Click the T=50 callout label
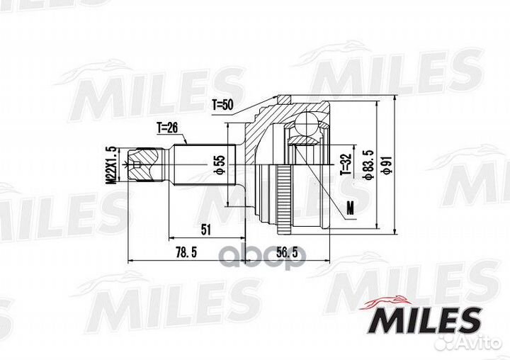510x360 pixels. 223,105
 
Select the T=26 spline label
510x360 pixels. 167,128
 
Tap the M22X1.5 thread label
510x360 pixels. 111,165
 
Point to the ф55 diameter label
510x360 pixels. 220,164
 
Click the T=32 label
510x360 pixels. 346,164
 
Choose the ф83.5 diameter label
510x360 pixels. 369,165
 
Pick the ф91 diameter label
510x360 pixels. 387,165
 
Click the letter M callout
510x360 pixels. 350,208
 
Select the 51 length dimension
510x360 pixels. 206,230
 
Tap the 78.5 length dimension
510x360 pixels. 186,252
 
